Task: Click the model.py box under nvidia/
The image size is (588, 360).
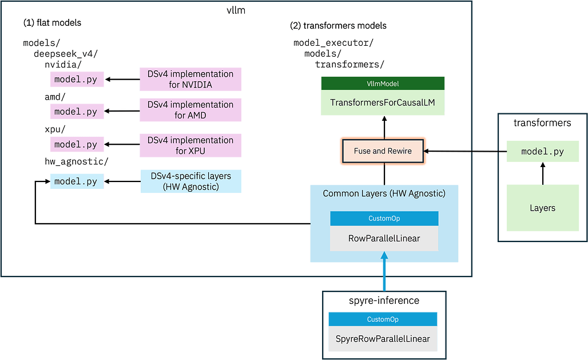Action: pos(77,79)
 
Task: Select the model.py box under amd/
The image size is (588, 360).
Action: pos(77,112)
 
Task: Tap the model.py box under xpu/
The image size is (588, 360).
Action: pos(77,144)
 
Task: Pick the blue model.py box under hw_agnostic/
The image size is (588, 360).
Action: pos(77,181)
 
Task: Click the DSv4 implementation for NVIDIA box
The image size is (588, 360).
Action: pos(190,79)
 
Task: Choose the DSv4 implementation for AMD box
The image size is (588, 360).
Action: pos(190,110)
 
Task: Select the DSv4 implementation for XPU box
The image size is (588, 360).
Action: pos(190,145)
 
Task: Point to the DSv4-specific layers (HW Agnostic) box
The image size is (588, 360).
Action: pos(191,181)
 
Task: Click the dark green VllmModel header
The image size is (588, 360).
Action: pos(383,84)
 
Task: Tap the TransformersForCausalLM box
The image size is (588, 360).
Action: pos(383,102)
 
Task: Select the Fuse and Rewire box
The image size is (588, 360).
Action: pos(383,151)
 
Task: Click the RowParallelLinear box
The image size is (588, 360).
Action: pos(384,238)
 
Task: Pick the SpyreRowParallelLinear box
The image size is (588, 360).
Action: pos(383,339)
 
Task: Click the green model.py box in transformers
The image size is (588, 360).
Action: pos(543,151)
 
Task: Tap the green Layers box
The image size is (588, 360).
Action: pos(543,208)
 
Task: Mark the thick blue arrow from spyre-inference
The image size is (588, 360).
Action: pos(384,271)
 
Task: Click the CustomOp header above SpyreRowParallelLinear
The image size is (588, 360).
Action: pos(383,319)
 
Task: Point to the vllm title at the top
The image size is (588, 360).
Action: pos(236,10)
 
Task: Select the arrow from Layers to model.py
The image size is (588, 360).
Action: pos(543,173)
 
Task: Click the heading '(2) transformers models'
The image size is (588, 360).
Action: pos(338,26)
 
